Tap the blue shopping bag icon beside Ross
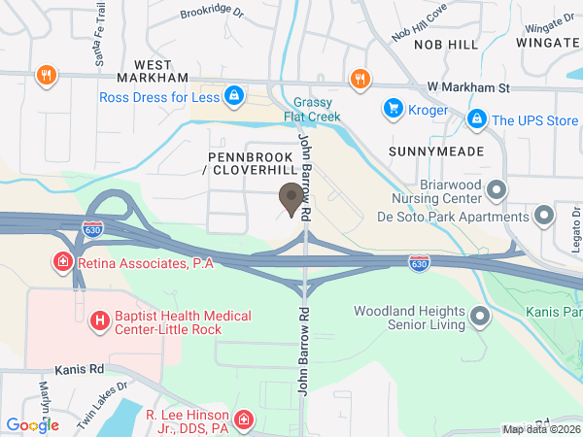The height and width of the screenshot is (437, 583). point(233,96)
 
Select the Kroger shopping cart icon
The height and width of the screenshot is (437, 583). point(393,108)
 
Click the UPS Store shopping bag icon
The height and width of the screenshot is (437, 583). point(476,119)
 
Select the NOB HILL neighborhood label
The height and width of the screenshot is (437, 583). point(446,45)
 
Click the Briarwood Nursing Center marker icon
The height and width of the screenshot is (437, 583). point(497,190)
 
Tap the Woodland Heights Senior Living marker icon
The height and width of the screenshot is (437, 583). point(479,317)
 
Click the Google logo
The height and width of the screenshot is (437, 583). point(32,424)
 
